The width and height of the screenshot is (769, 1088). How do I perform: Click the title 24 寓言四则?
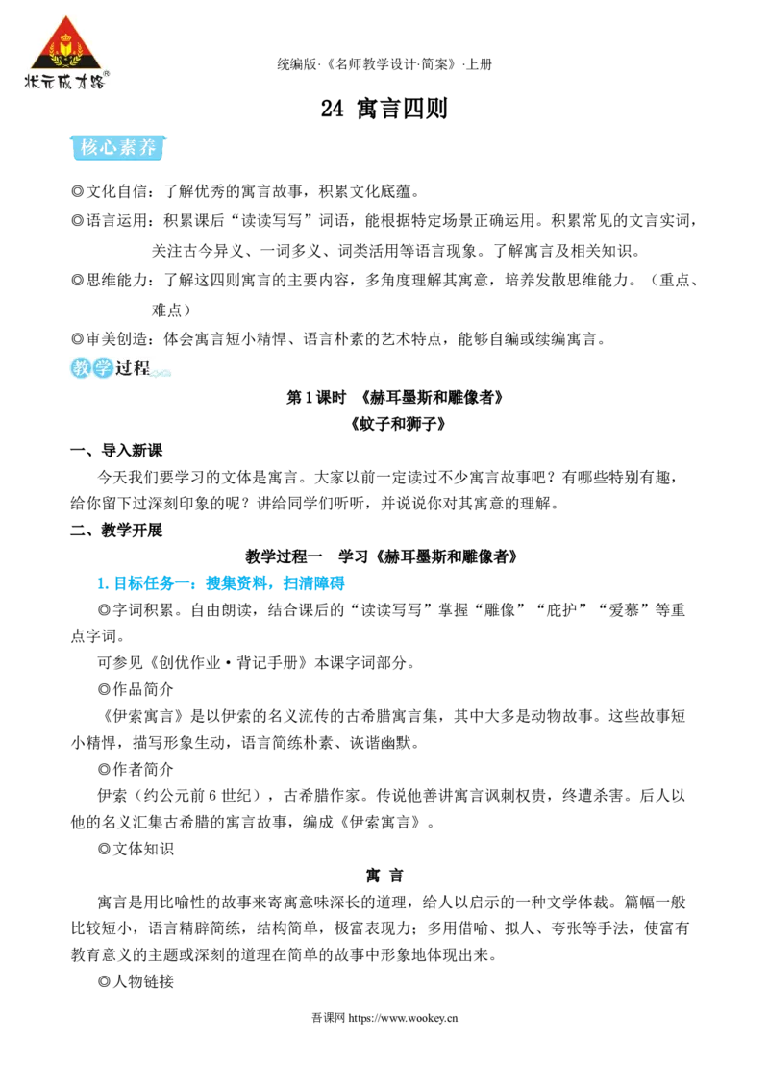point(384,109)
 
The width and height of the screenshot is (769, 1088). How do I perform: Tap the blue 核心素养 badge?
point(118,147)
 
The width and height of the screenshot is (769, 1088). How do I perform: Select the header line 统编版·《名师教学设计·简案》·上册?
point(384,64)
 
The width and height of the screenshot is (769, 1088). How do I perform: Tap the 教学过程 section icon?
point(119,368)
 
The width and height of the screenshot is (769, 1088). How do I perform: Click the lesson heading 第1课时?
point(316,398)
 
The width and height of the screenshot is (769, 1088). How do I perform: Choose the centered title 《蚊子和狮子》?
point(398,423)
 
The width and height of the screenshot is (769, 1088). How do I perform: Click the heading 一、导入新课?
point(116,451)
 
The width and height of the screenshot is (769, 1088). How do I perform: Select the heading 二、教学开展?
point(116,531)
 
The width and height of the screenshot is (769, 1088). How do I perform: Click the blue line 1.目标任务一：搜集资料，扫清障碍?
point(221,582)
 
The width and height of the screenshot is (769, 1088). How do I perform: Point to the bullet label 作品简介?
point(142,689)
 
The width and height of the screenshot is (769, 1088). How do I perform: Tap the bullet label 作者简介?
point(142,769)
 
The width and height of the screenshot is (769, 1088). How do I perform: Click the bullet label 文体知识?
point(142,849)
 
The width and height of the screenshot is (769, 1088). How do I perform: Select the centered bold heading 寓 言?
point(384,875)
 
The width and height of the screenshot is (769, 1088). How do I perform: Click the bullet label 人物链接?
point(142,981)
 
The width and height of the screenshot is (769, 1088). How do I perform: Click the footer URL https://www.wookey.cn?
point(403,1018)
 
